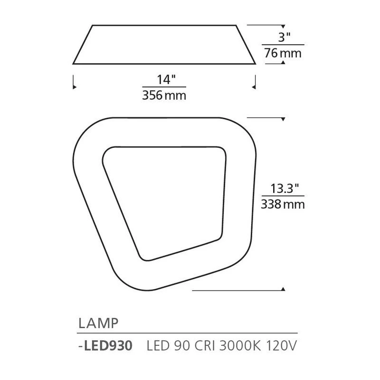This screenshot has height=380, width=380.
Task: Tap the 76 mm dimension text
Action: click(x=283, y=53)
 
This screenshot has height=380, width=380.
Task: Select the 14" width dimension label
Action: click(x=166, y=79)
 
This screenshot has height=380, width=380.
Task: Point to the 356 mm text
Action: click(x=164, y=95)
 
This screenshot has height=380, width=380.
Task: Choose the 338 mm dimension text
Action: click(x=283, y=204)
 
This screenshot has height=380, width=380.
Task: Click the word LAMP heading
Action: click(x=98, y=323)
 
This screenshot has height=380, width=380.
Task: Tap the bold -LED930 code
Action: click(x=105, y=346)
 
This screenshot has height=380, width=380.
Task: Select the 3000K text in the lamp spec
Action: click(x=240, y=346)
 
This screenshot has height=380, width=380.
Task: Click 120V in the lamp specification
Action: click(x=281, y=346)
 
